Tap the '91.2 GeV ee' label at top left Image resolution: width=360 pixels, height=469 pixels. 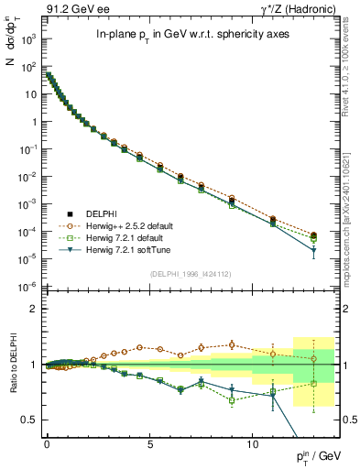point(78,10)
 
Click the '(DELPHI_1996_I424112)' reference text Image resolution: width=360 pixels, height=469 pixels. point(191,273)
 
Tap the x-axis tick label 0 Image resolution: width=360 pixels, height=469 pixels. point(47,442)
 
